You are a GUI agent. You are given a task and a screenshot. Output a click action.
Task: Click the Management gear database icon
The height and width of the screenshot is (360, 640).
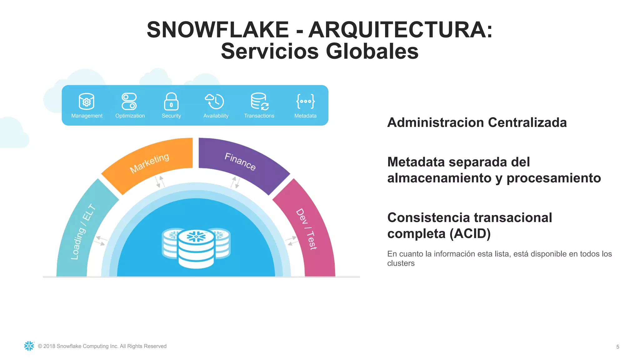pos(87,101)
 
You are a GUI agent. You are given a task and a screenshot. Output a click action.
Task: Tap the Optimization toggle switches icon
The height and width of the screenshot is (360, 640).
pos(129,101)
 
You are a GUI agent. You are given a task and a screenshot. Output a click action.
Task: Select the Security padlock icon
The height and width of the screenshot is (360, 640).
pos(171,101)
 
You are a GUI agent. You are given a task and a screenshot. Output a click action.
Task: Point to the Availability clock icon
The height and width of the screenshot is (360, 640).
pos(215,101)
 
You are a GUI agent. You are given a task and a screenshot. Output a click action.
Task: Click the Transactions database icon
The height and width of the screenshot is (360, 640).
pos(259,101)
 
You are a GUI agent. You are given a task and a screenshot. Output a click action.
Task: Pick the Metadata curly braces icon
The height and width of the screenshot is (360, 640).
pos(305,101)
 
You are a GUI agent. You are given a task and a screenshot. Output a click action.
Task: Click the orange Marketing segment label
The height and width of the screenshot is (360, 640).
pos(149,163)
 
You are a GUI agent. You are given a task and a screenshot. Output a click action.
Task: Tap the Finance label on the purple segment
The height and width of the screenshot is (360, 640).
pos(240,162)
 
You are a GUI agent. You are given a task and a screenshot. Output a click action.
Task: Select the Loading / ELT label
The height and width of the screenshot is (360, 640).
pos(83,232)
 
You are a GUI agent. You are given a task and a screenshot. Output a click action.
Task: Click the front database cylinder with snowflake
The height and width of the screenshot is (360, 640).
pos(196,248)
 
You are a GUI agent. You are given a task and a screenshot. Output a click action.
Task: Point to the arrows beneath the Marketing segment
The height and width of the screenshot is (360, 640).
pos(160,182)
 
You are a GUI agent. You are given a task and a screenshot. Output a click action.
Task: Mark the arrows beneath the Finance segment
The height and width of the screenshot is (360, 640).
pos(235,182)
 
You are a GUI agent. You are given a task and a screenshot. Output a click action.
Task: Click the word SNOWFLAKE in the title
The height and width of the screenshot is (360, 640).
pos(218,30)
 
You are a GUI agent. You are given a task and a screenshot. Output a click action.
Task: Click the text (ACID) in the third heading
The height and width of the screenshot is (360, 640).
pos(470,233)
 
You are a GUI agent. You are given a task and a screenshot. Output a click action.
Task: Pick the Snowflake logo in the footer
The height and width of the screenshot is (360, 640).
pos(29,346)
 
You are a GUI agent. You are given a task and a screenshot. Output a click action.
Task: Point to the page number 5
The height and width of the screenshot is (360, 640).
pos(617,347)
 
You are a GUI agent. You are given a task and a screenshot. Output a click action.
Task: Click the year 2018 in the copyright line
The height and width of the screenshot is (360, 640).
pos(49,346)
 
